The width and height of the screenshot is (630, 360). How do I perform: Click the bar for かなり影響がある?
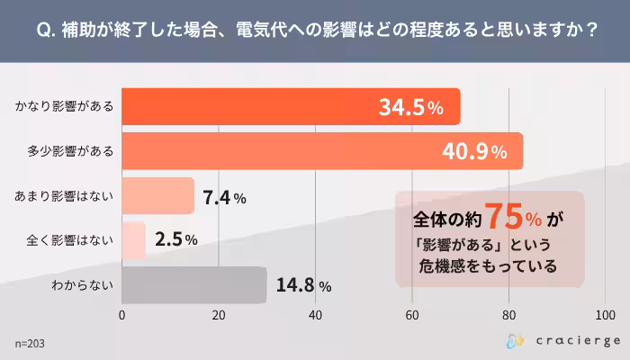[x=290, y=107]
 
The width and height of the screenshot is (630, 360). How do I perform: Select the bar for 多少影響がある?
[x=321, y=151]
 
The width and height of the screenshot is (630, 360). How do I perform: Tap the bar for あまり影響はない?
[x=157, y=196]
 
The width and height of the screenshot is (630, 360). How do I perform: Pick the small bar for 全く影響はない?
[x=133, y=240]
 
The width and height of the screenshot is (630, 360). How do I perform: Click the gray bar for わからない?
[x=193, y=284]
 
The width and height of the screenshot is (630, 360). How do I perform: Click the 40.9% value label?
[x=473, y=152]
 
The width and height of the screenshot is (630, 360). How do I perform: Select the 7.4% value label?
[x=225, y=197]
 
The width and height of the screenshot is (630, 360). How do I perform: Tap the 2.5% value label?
[x=175, y=241]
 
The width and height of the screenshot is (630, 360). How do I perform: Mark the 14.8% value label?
[x=304, y=285]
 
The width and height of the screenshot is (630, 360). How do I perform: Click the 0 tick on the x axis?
[x=121, y=316]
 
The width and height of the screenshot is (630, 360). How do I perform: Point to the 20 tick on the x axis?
[x=219, y=316]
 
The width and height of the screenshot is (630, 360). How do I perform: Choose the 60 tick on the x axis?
[x=412, y=316]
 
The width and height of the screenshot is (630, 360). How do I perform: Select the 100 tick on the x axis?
[x=605, y=316]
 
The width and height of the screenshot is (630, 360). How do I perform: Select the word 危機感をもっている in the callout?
[x=488, y=265]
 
